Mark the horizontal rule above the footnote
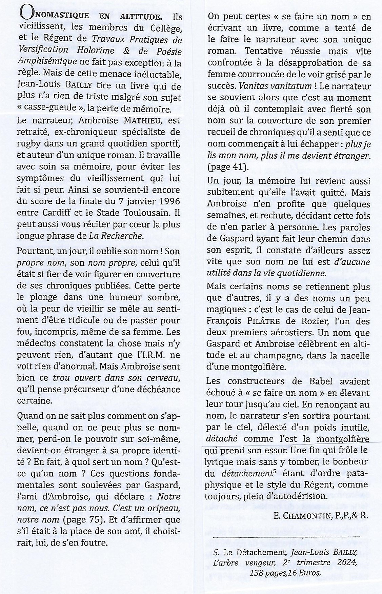[286, 537]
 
